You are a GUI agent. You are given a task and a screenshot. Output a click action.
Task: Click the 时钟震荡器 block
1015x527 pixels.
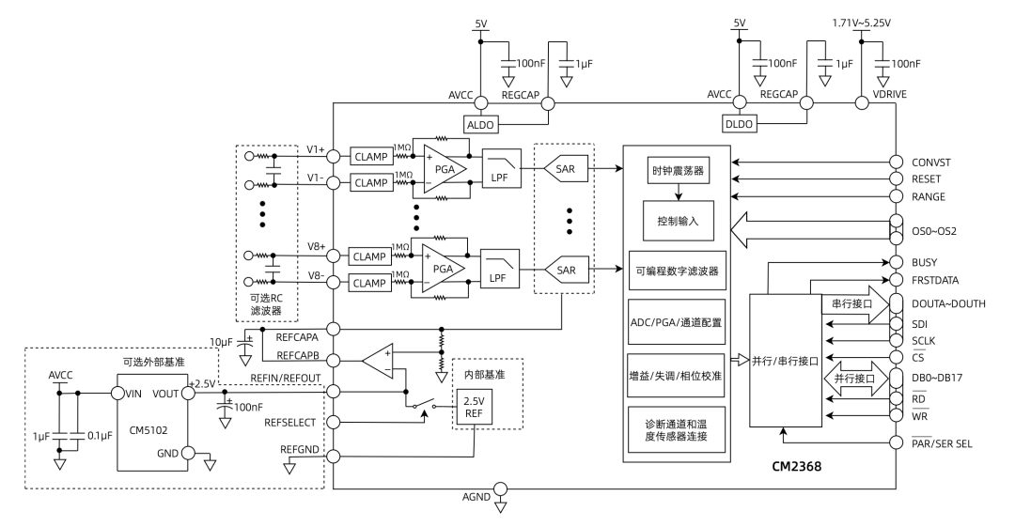pyautogui.click(x=678, y=173)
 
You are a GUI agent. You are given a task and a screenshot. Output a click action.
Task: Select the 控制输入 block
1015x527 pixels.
pyautogui.click(x=678, y=220)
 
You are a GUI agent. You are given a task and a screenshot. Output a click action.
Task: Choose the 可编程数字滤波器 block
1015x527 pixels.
pyautogui.click(x=678, y=271)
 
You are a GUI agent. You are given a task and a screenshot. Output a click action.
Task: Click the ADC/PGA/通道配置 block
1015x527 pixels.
pyautogui.click(x=678, y=321)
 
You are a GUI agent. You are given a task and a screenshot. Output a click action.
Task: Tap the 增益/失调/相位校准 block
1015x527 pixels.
pyautogui.click(x=678, y=373)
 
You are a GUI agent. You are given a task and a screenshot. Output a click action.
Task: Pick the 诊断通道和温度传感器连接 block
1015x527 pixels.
pyautogui.click(x=678, y=430)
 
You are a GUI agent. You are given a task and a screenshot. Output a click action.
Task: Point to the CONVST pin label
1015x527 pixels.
pyautogui.click(x=930, y=162)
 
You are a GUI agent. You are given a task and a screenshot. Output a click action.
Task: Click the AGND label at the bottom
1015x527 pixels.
pyautogui.click(x=476, y=497)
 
